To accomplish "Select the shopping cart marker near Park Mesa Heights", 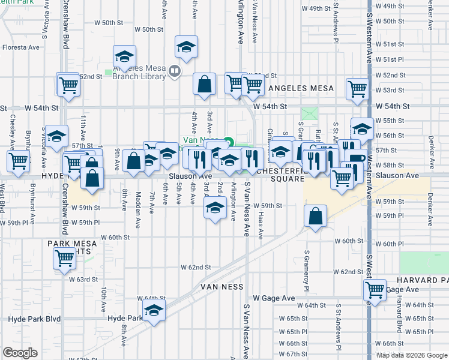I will (x=65, y=259).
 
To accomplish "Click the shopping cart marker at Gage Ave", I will (x=375, y=290).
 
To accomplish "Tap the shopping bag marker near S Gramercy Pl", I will (x=315, y=215).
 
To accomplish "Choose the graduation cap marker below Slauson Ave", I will (x=214, y=208).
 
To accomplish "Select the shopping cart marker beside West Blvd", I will (x=18, y=160).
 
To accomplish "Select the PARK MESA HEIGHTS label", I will (x=70, y=247).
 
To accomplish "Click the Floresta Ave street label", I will (x=21, y=47).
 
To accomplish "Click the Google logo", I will (x=20, y=352).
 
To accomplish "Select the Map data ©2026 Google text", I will (x=411, y=355).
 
